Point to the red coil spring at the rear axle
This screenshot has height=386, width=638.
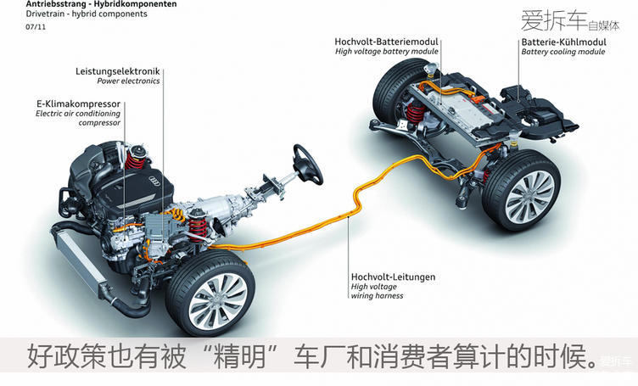click(415, 111)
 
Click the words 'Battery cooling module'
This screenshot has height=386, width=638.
click(563, 52)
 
